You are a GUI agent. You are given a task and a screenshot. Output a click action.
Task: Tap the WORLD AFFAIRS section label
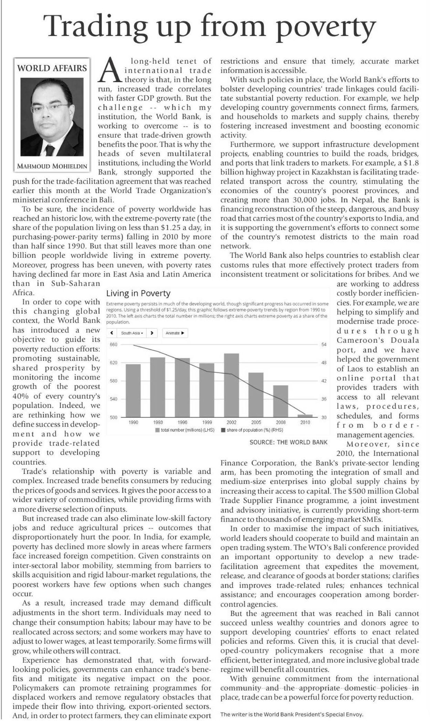pos(52,68)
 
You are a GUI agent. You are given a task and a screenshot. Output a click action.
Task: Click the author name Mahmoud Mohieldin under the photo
pos(52,166)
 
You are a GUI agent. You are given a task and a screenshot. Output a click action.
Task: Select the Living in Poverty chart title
pos(138,293)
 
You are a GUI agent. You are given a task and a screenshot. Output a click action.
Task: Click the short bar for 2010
pos(305,416)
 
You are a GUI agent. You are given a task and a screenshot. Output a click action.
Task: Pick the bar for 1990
pos(133,390)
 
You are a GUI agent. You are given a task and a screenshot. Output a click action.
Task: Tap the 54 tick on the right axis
pos(323,345)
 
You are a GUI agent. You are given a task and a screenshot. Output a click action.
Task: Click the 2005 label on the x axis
pos(256,422)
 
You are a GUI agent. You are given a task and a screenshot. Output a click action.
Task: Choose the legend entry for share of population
pos(252,430)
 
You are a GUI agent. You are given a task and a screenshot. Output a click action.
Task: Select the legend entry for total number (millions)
pos(185,430)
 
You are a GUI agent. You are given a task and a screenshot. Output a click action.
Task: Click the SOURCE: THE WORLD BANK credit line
pos(288,442)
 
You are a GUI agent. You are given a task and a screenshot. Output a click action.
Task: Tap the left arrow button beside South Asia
pos(112,333)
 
